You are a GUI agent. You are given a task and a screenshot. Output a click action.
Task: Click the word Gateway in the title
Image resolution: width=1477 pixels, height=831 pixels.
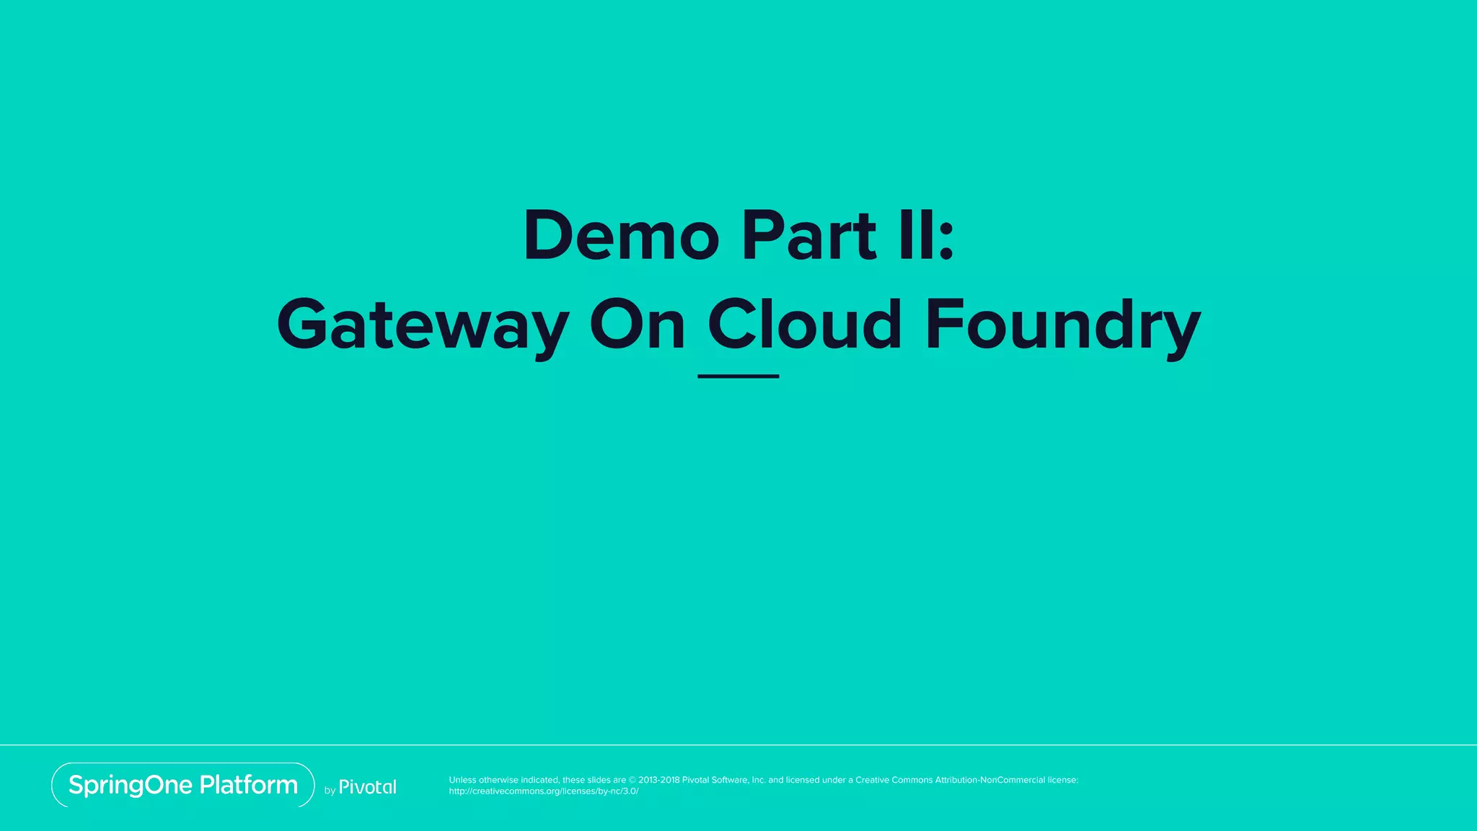(423, 326)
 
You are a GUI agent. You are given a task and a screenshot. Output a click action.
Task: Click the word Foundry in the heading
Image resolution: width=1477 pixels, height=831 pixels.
(1063, 326)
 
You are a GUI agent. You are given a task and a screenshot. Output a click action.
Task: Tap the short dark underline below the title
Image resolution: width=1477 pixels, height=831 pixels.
(738, 376)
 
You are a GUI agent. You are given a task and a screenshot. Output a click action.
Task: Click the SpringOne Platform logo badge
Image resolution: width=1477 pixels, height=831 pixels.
(183, 785)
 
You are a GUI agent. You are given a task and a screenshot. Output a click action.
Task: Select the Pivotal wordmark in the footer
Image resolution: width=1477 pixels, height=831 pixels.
(368, 787)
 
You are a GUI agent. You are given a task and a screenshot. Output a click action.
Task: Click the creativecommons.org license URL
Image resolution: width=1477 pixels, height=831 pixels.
(544, 791)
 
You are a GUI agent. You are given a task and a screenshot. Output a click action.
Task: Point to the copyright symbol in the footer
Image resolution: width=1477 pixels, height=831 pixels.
(632, 780)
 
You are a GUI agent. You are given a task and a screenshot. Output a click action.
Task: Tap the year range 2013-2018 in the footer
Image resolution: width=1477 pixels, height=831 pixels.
(658, 780)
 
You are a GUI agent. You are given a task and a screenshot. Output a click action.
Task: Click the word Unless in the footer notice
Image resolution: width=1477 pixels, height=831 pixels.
(462, 780)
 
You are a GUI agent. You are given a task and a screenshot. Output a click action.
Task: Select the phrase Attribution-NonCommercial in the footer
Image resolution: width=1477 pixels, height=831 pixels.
(990, 780)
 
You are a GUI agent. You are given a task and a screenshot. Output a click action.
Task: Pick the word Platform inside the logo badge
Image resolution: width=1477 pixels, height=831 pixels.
(249, 785)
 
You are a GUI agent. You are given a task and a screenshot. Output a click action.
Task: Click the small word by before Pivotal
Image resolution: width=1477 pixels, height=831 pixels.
(330, 791)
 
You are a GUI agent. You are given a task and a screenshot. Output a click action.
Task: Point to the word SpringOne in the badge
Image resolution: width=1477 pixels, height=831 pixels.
(131, 786)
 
